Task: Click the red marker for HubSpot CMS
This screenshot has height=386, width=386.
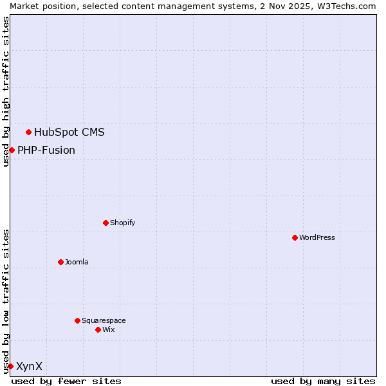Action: click(x=28, y=133)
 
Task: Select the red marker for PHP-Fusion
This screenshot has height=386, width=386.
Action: click(x=12, y=150)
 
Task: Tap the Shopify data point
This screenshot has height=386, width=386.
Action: click(x=106, y=223)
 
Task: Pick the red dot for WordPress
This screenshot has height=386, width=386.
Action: click(x=295, y=237)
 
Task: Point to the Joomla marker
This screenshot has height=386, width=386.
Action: click(x=60, y=262)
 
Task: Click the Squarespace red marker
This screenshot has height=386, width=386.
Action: click(x=77, y=320)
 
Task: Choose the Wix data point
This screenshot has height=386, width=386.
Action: click(x=98, y=329)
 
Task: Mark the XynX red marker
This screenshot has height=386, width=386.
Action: click(x=10, y=366)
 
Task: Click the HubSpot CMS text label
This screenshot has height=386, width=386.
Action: click(x=69, y=133)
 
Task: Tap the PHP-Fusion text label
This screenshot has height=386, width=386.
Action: click(x=46, y=151)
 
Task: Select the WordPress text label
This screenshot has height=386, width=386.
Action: click(x=317, y=237)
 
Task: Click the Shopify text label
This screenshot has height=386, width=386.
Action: click(x=123, y=223)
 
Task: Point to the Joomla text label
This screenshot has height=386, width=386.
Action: click(x=77, y=262)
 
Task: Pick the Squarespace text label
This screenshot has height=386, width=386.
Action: click(x=104, y=320)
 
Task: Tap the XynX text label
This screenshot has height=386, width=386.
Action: click(x=30, y=366)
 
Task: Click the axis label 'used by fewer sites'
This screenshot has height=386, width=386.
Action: click(x=66, y=381)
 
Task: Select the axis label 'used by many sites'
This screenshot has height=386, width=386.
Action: click(x=323, y=381)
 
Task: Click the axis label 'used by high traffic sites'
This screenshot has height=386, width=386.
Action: click(x=6, y=92)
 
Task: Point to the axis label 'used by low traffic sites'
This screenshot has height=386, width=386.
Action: click(x=6, y=300)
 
